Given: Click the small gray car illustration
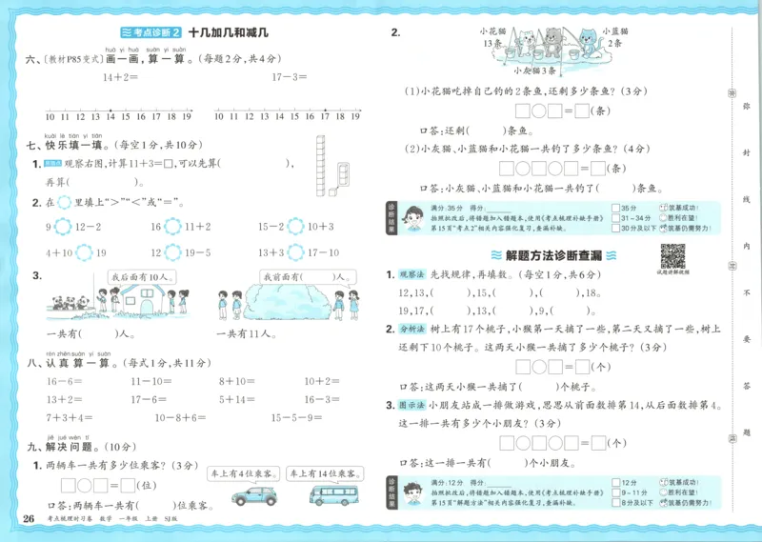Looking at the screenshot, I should pyautogui.click(x=253, y=496).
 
